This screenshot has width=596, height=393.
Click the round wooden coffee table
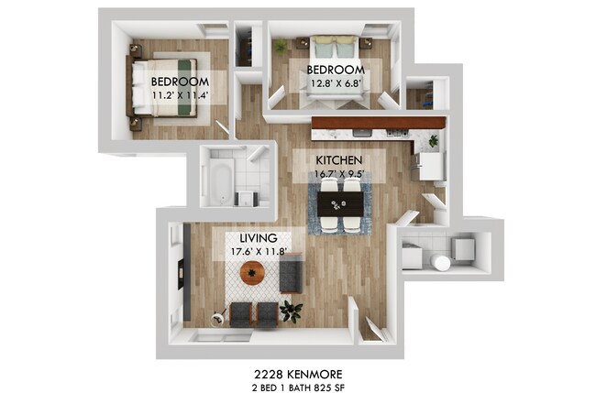252,272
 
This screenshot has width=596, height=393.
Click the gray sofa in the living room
292,272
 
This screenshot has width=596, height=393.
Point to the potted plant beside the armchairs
292,311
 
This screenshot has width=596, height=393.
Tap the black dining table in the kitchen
339,203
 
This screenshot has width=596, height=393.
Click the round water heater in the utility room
442,263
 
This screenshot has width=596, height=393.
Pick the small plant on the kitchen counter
432,141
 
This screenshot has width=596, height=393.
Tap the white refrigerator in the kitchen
429,167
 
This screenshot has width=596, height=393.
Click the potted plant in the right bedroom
280,46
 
